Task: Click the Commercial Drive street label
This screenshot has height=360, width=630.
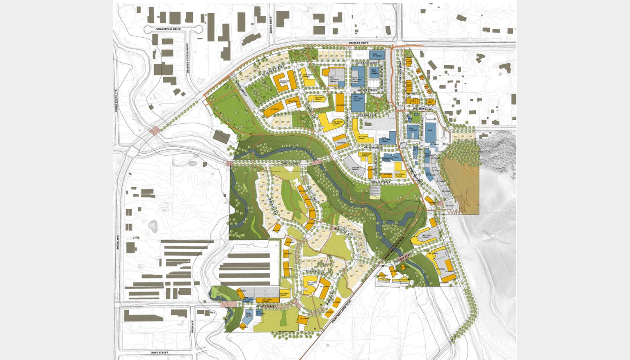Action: [168, 29]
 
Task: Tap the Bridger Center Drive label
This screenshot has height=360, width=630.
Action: [187, 58]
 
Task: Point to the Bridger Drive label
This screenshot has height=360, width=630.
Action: [358, 43]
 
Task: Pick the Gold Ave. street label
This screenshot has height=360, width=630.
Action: [192, 327]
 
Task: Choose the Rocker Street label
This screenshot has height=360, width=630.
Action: [367, 90]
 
